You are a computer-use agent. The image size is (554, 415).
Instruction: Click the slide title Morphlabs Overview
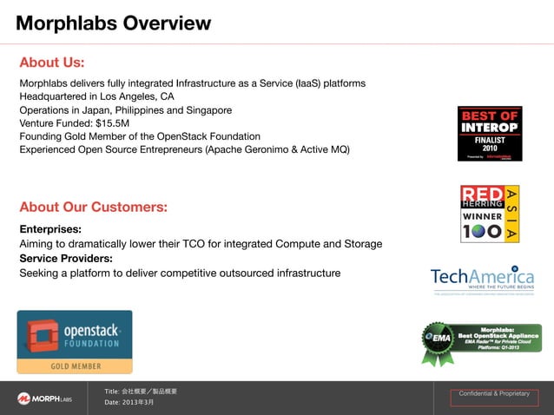[x=113, y=23]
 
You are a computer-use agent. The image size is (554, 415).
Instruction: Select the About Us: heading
[x=52, y=63]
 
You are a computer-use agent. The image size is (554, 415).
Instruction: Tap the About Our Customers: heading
[x=93, y=207]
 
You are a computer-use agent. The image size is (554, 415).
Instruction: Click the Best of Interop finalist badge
[x=490, y=134]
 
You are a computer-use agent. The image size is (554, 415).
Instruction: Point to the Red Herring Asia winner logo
[x=490, y=214]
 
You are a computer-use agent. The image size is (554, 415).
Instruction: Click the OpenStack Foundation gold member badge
[x=75, y=341]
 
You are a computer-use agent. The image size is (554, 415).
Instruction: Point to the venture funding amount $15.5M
[x=113, y=123]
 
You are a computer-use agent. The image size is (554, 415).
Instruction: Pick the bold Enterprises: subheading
[x=50, y=229]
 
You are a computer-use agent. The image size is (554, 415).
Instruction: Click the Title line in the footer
[x=140, y=392]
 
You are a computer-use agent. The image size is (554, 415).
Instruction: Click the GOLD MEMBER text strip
[x=75, y=366]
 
